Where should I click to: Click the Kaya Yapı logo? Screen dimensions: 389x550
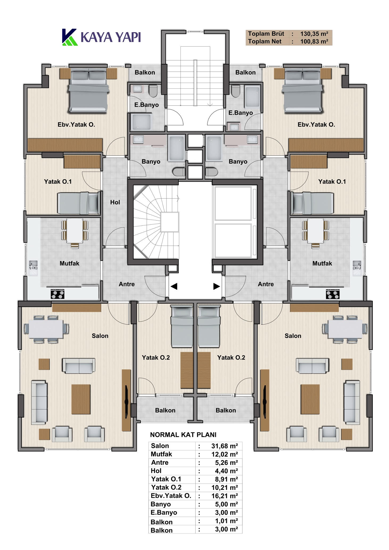coord(101,37)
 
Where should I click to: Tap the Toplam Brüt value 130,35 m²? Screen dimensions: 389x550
coord(314,34)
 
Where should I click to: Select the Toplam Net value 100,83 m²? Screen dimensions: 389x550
coord(314,42)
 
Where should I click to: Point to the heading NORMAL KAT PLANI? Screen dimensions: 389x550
coord(183,435)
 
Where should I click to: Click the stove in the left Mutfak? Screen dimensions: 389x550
coord(58,294)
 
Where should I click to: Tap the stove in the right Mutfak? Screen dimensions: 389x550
coord(333,294)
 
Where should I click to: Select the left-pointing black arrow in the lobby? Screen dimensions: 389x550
coord(174,286)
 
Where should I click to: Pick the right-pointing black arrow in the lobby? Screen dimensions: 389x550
coord(216,286)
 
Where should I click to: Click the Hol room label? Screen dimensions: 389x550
coord(115,202)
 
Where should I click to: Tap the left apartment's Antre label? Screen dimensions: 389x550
coord(127,284)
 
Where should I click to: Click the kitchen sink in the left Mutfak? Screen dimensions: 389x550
coord(33,268)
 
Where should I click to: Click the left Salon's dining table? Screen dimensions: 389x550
coord(46,329)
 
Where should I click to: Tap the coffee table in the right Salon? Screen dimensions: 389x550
coord(310,399)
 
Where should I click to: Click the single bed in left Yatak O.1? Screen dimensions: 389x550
coord(79,203)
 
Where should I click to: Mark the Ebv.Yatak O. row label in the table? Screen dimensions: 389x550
coord(171,496)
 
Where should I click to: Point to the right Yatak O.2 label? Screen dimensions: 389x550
coord(231,358)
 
